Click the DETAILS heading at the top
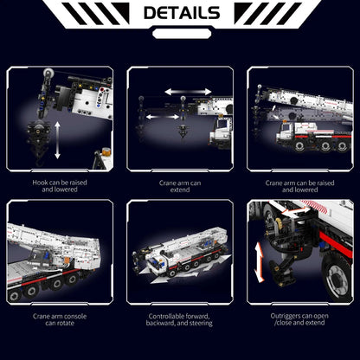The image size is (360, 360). pyautogui.click(x=181, y=13)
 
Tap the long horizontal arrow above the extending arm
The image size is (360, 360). pyautogui.click(x=189, y=90)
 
